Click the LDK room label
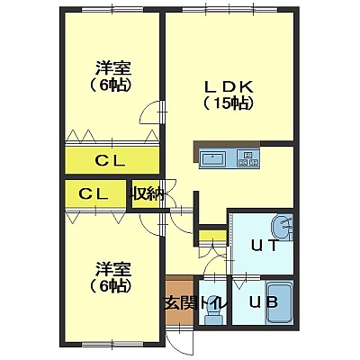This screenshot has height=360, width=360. coord(229,86)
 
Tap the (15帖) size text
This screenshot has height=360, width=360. coord(229,103)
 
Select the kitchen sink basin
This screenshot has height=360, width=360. coord(213,158)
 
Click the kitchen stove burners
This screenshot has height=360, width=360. coord(248,158)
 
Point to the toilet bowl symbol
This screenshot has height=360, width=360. coord(212,316)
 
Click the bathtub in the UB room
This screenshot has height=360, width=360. coord(280,302)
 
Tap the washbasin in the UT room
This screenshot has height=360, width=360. coord(283,227)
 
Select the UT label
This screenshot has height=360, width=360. coord(265,247)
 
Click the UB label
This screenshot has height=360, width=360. coord(265,302)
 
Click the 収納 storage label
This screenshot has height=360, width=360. coord(147,194)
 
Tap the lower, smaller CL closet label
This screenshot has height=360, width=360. coord(94,194)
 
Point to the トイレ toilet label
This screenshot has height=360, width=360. coord(212,303)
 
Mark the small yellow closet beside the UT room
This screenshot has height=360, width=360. coord(212,236)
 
